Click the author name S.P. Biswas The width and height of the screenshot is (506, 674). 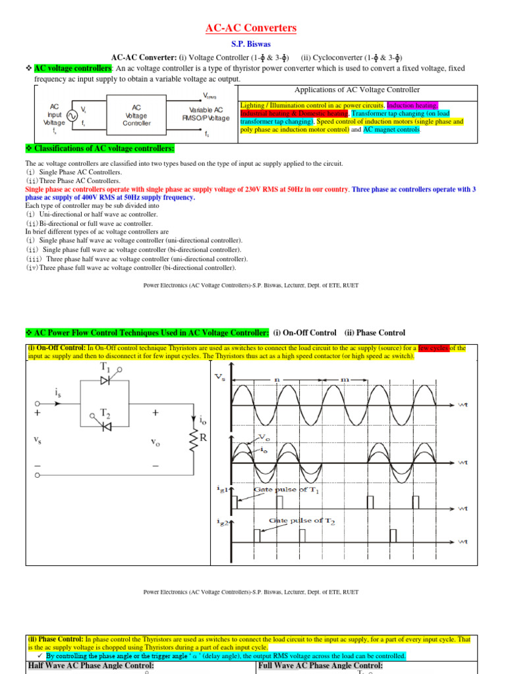tap(253, 45)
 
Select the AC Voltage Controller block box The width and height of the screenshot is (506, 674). tap(136, 115)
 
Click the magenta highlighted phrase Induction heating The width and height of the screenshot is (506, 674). tap(412, 105)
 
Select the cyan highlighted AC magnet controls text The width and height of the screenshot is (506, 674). tap(392, 130)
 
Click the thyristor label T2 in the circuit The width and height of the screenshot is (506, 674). tap(105, 413)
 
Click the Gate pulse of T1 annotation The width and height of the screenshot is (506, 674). tap(292, 491)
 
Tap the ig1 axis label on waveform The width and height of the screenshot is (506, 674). tap(222, 488)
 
